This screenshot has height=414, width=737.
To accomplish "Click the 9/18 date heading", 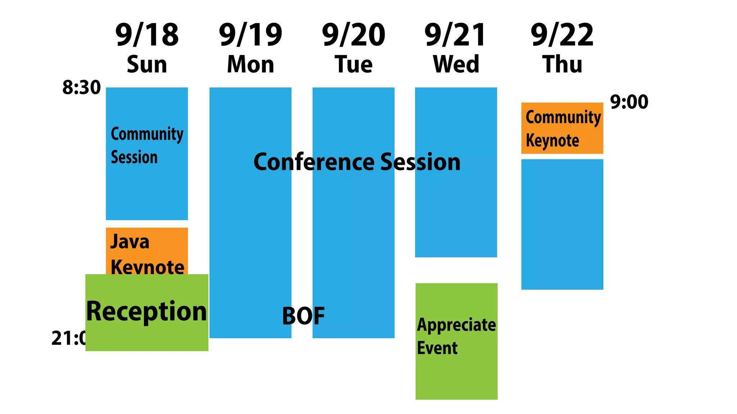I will point(147,35).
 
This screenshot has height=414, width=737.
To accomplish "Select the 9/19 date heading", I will point(250,35).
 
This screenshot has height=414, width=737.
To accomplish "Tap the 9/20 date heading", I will point(353,35).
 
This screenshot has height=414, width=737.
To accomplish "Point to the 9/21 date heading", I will point(456,35).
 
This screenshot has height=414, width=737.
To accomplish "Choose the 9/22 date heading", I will point(562,35).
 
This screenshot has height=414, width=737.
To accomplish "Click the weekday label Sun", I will point(147,64).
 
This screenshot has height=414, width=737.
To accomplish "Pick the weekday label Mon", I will point(250,64).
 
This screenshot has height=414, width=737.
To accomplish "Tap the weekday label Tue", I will point(353,64).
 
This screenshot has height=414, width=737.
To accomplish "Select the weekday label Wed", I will point(456,64).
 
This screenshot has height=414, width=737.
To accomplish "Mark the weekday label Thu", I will point(562,64).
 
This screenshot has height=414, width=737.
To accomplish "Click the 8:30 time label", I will point(81,87).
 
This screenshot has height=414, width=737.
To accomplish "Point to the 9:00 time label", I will point(629,102).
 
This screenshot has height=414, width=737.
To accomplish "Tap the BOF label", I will point(303,316).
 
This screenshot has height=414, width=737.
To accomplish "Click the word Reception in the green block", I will point(146,311).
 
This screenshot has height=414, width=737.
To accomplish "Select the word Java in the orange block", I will point(130,241).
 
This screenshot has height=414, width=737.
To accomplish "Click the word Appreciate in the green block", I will point(456,326).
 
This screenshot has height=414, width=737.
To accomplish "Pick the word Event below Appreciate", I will point(437,348).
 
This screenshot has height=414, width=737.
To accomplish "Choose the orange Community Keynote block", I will point(562,128).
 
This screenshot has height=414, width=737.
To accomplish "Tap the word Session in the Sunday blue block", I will point(134,157).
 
